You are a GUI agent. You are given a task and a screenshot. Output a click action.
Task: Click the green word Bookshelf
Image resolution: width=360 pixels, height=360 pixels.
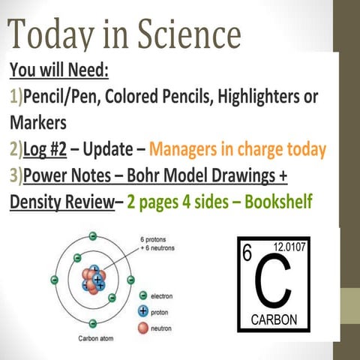[282, 203]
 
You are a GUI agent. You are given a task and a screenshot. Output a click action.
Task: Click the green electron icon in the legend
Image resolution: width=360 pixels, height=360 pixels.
[142, 295]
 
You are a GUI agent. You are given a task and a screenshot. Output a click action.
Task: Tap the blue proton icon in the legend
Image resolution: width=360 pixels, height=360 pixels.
[142, 310]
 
